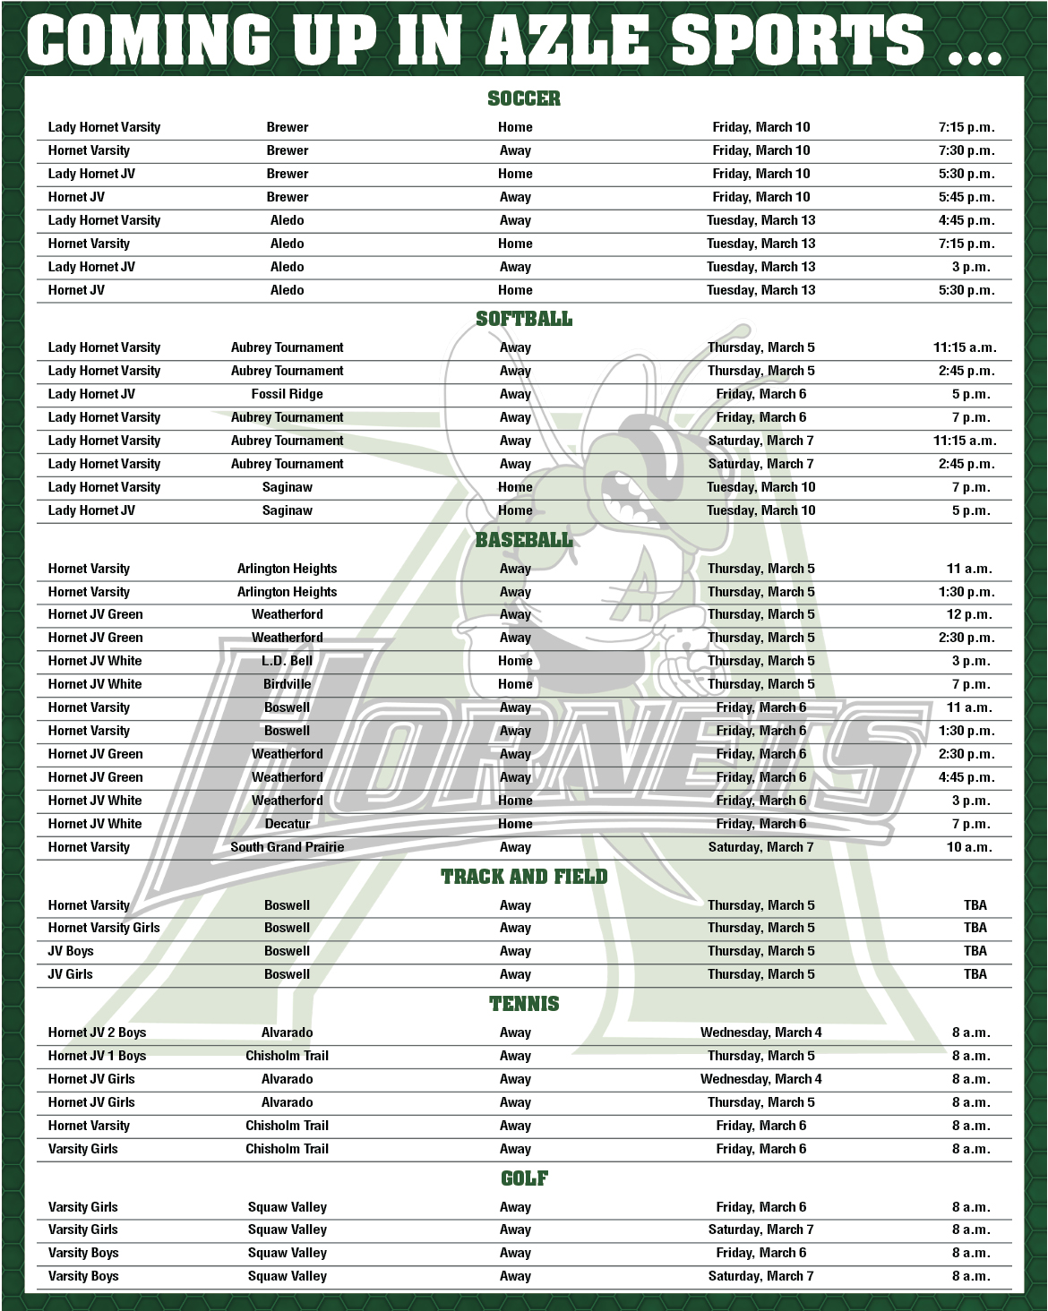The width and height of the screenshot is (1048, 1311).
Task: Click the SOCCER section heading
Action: click(x=524, y=99)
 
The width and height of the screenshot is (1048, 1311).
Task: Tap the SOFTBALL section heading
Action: click(x=524, y=319)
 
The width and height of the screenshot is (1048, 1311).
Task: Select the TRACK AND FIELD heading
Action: click(x=524, y=877)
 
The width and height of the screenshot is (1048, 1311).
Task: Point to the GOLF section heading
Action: click(x=524, y=1178)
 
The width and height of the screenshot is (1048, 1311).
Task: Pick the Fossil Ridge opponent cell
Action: click(x=287, y=394)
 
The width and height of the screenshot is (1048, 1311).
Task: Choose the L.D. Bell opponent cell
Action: click(x=287, y=661)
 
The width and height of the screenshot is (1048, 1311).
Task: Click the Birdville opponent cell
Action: click(x=287, y=684)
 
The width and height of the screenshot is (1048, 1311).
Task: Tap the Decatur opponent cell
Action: click(x=287, y=824)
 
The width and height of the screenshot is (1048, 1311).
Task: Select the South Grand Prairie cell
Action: click(x=287, y=847)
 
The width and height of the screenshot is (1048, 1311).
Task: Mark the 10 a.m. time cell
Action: click(x=969, y=847)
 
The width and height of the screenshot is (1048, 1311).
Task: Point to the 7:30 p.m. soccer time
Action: click(x=966, y=150)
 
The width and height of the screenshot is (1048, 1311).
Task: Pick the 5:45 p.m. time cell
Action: click(x=966, y=197)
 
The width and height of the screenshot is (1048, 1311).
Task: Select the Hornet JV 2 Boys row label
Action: click(x=97, y=1033)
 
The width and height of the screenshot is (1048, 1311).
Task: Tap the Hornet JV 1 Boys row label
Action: click(x=97, y=1056)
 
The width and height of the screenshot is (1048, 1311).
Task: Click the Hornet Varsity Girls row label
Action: click(x=104, y=928)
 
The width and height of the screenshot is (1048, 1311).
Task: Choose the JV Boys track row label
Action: click(x=71, y=951)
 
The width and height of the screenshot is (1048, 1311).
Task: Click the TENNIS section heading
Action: click(x=524, y=1004)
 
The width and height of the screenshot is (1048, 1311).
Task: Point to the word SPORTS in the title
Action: click(x=797, y=40)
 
